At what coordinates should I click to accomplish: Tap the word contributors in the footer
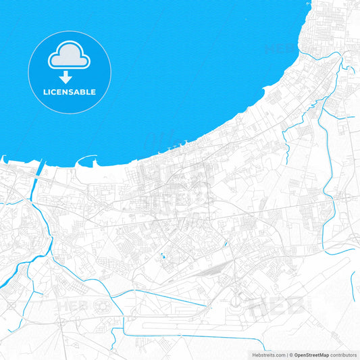pyautogui.click(x=343, y=355)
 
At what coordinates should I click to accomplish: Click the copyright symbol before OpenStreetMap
pyautogui.click(x=292, y=355)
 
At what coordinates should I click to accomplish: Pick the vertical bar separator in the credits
pyautogui.click(x=287, y=355)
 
